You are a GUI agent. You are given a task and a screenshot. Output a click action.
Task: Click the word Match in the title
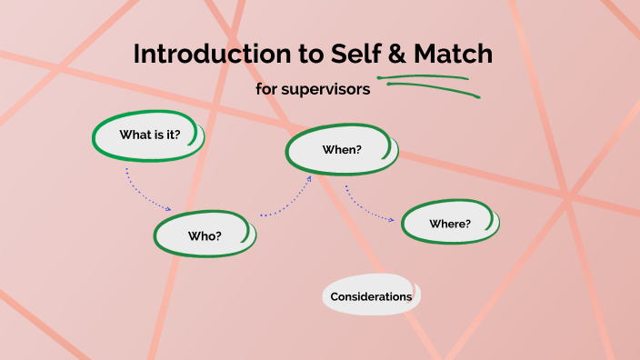(x=452, y=55)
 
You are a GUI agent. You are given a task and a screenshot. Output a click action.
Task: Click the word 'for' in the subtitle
(x=267, y=90)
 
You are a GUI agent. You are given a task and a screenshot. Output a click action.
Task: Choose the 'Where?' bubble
(x=450, y=224)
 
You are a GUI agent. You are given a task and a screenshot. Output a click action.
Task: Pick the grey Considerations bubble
(x=371, y=296)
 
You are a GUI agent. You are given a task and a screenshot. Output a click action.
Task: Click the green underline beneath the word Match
(x=427, y=78)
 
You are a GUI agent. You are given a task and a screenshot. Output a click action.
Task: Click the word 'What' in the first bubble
(x=134, y=135)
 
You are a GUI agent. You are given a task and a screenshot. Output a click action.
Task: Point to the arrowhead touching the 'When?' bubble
(x=309, y=178)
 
